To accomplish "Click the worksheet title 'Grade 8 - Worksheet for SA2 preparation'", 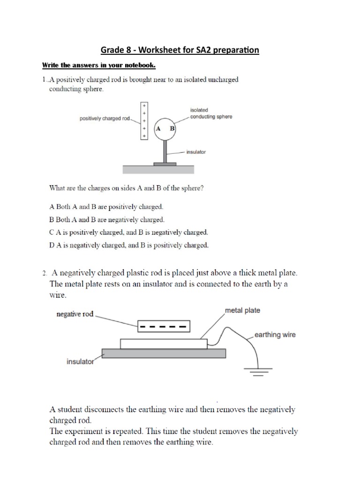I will click(180, 50).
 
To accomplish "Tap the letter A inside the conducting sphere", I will click(158, 128).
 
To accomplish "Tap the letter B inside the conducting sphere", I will click(172, 128).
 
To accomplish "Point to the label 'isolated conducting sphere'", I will click(211, 113).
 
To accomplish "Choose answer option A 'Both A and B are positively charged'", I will click(106, 206).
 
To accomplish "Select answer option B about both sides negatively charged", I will click(107, 219).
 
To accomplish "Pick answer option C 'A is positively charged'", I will click(128, 232).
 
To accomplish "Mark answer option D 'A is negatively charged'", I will click(128, 245).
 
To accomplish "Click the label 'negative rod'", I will click(75, 314).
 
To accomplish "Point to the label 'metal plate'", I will click(242, 310).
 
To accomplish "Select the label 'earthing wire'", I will click(275, 335).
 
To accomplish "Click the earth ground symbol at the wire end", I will click(257, 373).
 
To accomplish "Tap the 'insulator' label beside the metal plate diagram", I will click(80, 362).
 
